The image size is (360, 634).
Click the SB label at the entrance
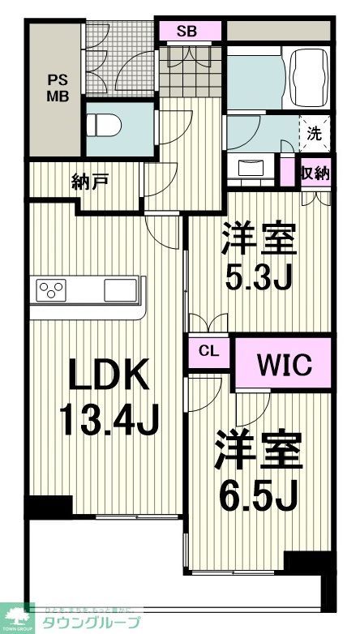(187, 32)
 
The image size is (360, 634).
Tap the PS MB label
(57, 88)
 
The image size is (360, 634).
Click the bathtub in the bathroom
(305, 79)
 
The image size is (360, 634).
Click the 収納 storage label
(315, 172)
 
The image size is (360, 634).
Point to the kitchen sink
(122, 289)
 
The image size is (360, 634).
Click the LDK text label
(108, 378)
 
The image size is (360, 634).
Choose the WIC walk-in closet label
(283, 363)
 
